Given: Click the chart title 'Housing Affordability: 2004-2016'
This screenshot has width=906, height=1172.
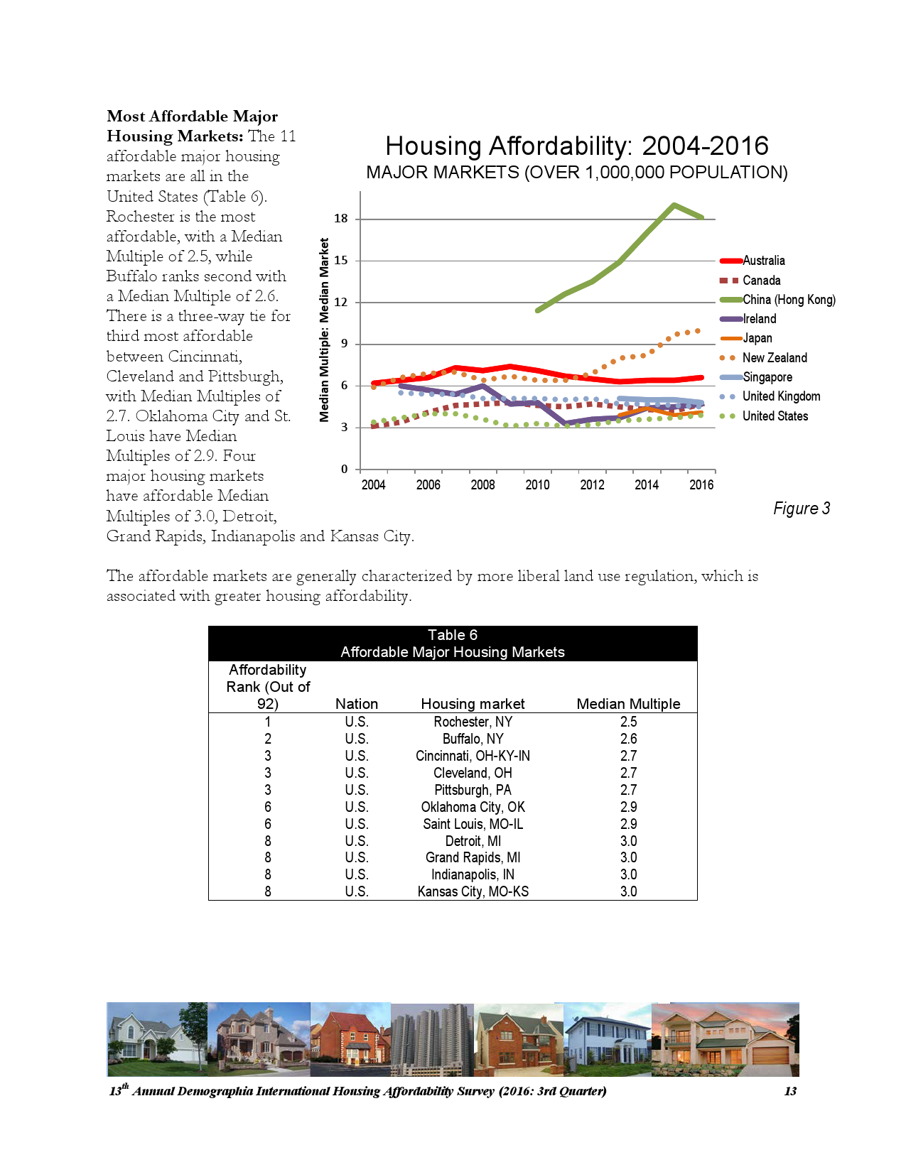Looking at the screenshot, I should pos(576,146).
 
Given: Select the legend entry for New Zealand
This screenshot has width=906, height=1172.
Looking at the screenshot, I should pos(774,358).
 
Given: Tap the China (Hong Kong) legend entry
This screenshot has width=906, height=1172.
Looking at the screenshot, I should pos(788,300).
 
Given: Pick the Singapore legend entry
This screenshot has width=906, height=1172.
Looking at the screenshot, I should pos(767,377).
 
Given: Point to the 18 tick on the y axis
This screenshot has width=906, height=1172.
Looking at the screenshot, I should pos(342,219).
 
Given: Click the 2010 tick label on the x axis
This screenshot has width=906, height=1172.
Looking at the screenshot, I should pos(537,485).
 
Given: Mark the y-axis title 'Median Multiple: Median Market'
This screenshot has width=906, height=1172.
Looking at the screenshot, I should pos(325,330).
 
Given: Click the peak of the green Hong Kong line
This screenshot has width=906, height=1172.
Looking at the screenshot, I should pos(674,205).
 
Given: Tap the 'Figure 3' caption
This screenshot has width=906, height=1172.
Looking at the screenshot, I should pos(801,509).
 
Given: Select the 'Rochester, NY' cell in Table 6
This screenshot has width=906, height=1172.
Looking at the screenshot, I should pos(473,722).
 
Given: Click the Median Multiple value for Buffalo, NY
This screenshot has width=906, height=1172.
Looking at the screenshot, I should pos(628,739).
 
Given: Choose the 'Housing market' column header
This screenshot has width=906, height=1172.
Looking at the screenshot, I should pos(473,704).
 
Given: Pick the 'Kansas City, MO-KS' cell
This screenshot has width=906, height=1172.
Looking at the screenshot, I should pos(473,891).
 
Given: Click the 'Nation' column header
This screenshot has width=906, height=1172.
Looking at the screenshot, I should pos(356,704).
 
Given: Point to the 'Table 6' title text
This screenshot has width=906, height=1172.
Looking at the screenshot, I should pos(453,635).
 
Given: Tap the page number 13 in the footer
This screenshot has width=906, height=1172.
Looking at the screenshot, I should pos(790,1091).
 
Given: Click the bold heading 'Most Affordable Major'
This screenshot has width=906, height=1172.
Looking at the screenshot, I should pos(192,116).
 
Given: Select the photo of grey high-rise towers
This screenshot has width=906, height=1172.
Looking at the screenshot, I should pos(432,1038).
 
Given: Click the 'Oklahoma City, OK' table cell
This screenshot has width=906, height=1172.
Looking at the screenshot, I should pos(473,807).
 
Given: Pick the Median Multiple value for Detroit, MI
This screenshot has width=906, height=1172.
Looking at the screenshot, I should pos(628,841).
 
